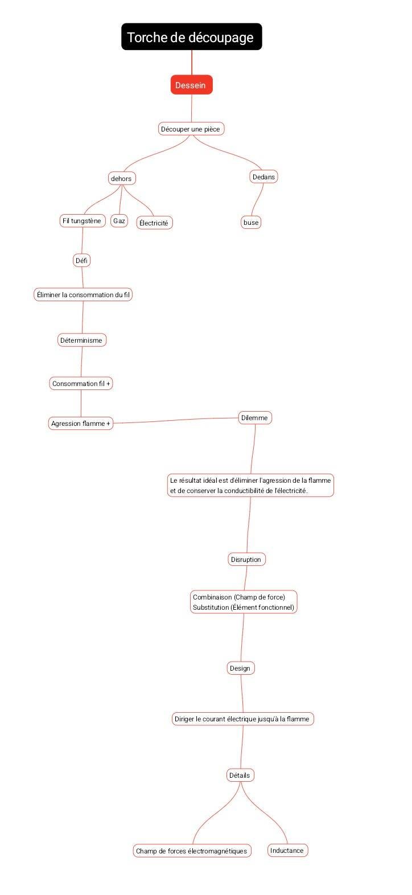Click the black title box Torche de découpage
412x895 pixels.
[x=192, y=37]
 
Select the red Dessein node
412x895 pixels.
[x=191, y=85]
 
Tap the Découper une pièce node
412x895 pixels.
[x=191, y=129]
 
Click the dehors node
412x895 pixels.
[x=122, y=178]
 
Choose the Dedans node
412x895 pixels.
[x=263, y=176]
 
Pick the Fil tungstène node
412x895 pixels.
[x=83, y=220]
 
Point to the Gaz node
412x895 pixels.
[x=119, y=220]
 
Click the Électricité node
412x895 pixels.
[x=155, y=223]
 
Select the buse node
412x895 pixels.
[x=251, y=223]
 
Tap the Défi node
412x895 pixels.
[x=81, y=261]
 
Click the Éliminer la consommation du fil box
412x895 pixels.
[x=83, y=295]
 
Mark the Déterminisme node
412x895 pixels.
[x=82, y=340]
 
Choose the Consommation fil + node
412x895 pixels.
[x=81, y=384]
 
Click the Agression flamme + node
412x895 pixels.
[x=81, y=423]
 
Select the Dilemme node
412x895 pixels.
[x=255, y=417]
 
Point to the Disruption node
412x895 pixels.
[x=246, y=559]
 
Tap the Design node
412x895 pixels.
[x=240, y=668]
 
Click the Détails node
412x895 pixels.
[x=240, y=775]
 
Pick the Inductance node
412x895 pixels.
[x=287, y=850]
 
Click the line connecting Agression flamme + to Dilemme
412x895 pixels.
[x=176, y=420]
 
